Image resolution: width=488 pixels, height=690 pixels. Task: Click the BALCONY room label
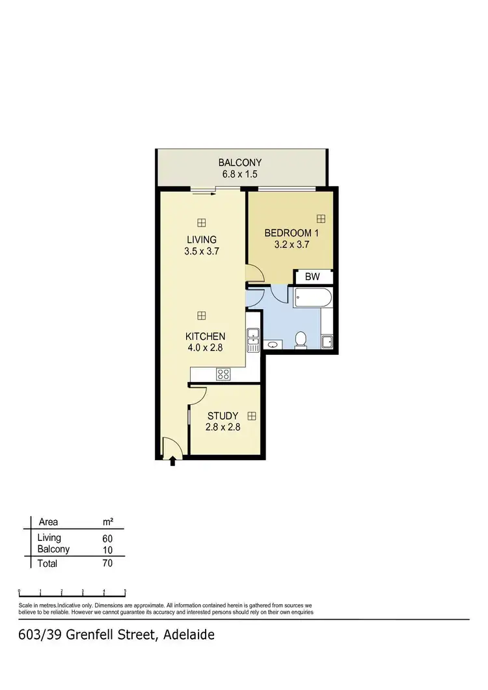point(240,163)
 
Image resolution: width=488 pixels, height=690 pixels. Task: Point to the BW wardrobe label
point(313,277)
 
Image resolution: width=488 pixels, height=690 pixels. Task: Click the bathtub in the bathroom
point(313,298)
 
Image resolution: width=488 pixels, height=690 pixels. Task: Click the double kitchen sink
point(253,337)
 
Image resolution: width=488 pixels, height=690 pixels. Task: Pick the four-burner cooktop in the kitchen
point(223,374)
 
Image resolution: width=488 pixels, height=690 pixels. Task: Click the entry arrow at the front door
point(172,462)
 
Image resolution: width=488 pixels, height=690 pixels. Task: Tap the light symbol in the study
point(251,415)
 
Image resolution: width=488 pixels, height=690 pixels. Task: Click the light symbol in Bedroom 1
point(321,219)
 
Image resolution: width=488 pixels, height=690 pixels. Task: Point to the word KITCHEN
point(205,337)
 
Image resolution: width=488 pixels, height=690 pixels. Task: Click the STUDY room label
point(223,416)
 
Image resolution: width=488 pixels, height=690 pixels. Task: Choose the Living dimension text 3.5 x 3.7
point(201,251)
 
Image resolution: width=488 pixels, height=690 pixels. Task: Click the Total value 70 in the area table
point(107,563)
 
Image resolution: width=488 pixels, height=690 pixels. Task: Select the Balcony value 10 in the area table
point(107,550)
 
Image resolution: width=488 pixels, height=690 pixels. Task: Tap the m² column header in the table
point(109,521)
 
